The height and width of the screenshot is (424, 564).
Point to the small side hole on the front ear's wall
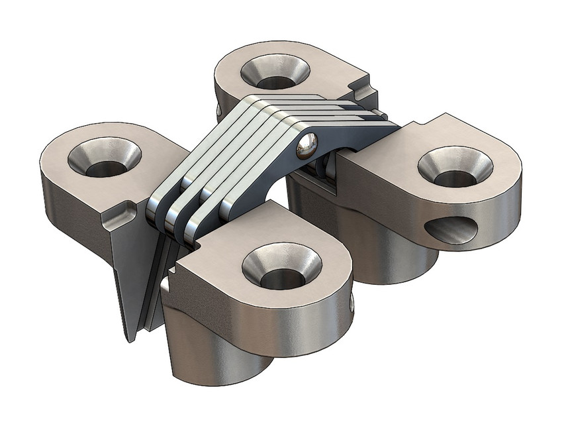pos(351,303)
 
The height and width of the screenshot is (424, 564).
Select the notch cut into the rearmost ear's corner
pos(363,84)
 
